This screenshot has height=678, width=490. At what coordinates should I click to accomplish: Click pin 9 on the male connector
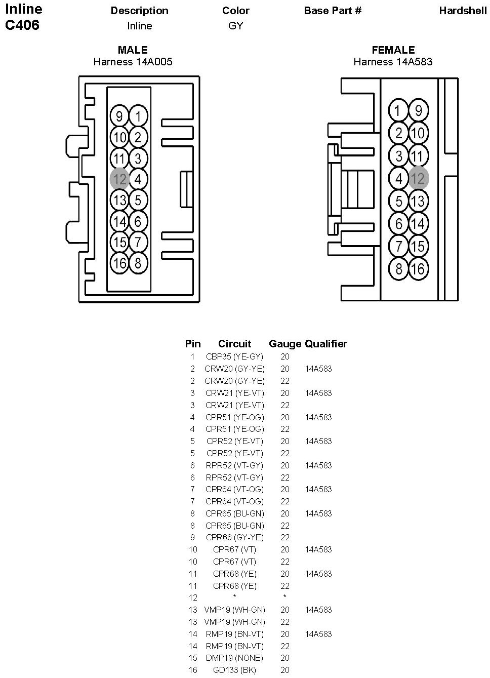tap(119, 117)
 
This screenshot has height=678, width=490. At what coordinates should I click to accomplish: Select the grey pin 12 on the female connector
tap(418, 178)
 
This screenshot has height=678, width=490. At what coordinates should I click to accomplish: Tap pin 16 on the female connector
tap(418, 268)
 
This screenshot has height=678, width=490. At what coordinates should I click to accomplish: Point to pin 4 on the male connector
tap(138, 179)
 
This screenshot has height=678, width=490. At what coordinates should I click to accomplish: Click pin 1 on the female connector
tap(399, 111)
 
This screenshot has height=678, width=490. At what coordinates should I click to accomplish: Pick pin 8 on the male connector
tap(138, 263)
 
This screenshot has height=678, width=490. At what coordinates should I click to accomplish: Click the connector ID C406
tap(22, 25)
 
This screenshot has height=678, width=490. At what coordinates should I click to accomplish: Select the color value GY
tap(236, 26)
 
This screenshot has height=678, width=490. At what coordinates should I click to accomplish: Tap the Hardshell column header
tap(463, 11)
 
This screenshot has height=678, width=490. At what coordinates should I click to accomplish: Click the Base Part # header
tap(333, 11)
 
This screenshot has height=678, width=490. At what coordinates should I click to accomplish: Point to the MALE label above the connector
tap(133, 50)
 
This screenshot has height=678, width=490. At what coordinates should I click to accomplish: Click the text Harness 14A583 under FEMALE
tap(393, 62)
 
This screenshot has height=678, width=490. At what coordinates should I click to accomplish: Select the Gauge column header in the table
tap(285, 344)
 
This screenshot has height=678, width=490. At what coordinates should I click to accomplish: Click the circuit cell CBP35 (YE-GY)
tap(234, 357)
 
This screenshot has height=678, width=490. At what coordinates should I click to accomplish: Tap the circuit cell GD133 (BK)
tap(234, 670)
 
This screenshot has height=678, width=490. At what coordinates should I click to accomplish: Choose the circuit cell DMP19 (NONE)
tap(234, 658)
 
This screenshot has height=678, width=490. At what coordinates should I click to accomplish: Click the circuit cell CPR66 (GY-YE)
tap(234, 537)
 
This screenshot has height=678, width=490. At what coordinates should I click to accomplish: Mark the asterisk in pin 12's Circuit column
tap(234, 598)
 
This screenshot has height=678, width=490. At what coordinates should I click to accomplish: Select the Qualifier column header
tap(326, 344)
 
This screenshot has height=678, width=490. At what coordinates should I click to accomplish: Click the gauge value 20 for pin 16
tap(285, 670)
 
